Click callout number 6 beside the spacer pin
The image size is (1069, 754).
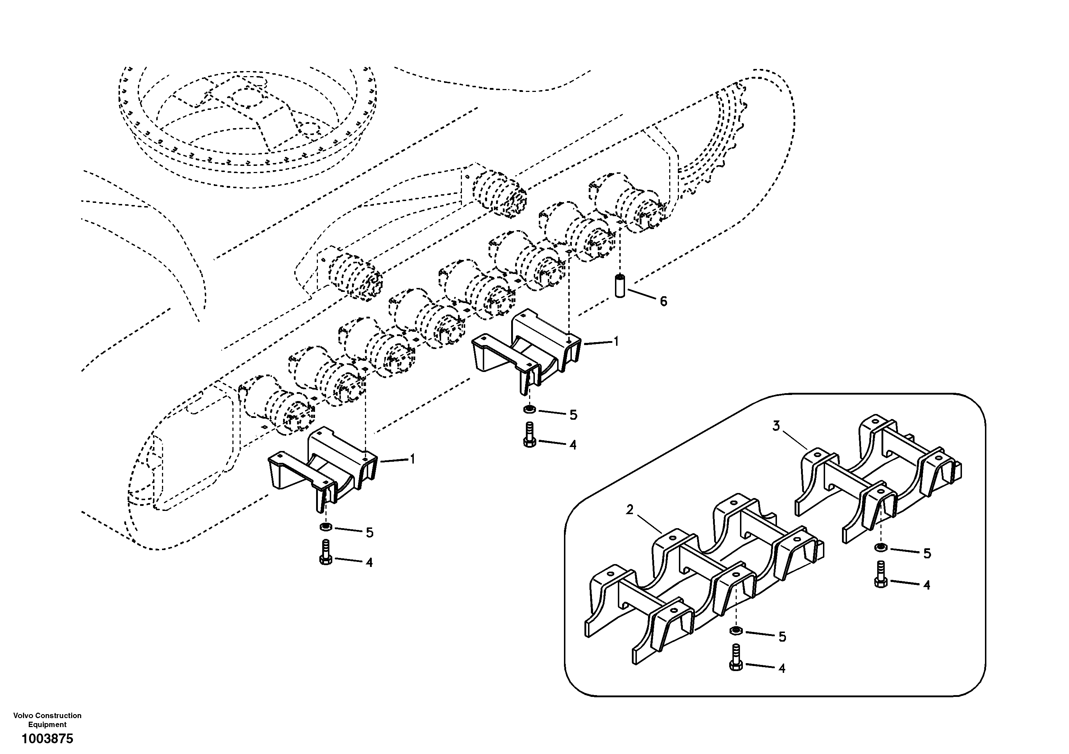click(x=663, y=302)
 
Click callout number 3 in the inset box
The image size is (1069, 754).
click(x=776, y=426)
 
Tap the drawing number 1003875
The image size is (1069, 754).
click(x=47, y=739)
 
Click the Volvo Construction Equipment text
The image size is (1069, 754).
click(x=47, y=720)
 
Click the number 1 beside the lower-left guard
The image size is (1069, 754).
click(x=412, y=459)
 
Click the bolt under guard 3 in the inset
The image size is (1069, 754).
click(x=880, y=575)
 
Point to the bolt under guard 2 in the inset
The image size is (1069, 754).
click(x=736, y=658)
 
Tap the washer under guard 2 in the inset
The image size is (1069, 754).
click(x=736, y=630)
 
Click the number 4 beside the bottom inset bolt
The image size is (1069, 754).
click(x=782, y=668)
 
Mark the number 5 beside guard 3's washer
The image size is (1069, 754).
click(x=927, y=554)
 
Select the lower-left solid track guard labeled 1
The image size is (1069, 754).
click(x=321, y=465)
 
